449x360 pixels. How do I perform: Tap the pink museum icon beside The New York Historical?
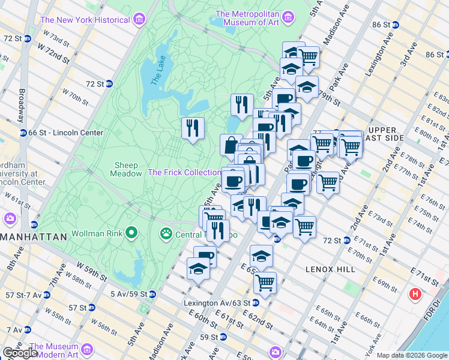(x=139, y=20)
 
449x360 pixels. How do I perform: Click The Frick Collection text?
(x=184, y=172)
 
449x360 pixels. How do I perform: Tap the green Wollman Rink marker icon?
(x=131, y=233)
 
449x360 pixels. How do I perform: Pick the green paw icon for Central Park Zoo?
(x=166, y=233)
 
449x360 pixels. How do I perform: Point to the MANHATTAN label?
(x=33, y=237)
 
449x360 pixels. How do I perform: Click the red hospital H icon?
(x=415, y=295)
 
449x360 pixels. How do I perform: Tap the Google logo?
(x=19, y=353)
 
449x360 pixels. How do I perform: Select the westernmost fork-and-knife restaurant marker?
(x=193, y=128)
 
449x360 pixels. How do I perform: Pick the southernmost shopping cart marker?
(x=265, y=282)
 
